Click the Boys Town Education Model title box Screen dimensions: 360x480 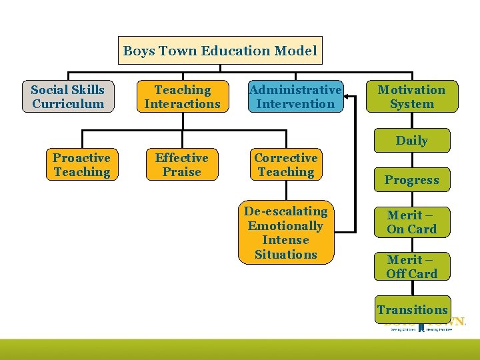pyautogui.click(x=220, y=51)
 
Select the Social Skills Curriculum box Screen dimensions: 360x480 pyautogui.click(x=68, y=97)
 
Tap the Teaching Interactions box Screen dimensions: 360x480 pyautogui.click(x=182, y=97)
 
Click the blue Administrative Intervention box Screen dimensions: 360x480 pyautogui.click(x=295, y=97)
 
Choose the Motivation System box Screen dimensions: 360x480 pyautogui.click(x=411, y=97)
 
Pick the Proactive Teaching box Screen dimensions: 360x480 pyautogui.click(x=81, y=165)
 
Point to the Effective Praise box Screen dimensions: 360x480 pyautogui.click(x=182, y=165)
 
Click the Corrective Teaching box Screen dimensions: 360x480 pyautogui.click(x=286, y=165)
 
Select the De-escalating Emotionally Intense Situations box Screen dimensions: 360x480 pyautogui.click(x=286, y=233)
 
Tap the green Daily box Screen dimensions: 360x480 pyautogui.click(x=411, y=141)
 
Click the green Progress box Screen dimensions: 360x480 pyautogui.click(x=411, y=180)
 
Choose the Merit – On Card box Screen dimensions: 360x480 pyautogui.click(x=411, y=222)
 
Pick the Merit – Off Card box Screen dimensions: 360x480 pyautogui.click(x=411, y=267)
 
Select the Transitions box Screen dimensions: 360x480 pyautogui.click(x=412, y=309)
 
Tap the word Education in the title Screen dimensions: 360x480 pyautogui.click(x=228, y=51)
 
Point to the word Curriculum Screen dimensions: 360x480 pyautogui.click(x=68, y=104)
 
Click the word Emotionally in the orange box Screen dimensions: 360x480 pyautogui.click(x=286, y=226)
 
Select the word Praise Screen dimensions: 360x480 pyautogui.click(x=182, y=172)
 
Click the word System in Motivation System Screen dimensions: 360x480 pyautogui.click(x=411, y=104)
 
